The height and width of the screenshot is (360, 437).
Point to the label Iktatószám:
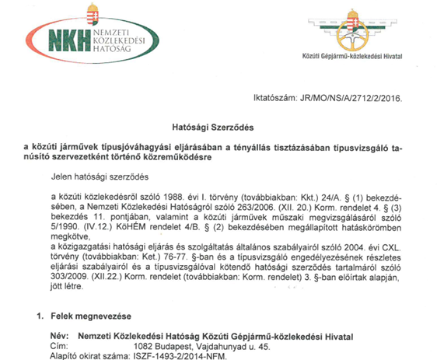click(x=277, y=99)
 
